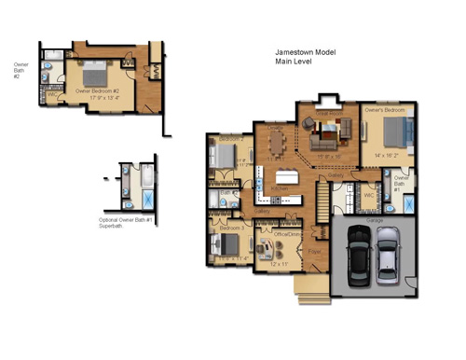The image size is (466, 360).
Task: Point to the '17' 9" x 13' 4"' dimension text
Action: pyautogui.click(x=93, y=98)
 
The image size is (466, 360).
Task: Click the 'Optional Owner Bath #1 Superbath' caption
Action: pyautogui.click(x=125, y=222)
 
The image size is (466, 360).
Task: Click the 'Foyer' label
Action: pyautogui.click(x=315, y=250)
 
